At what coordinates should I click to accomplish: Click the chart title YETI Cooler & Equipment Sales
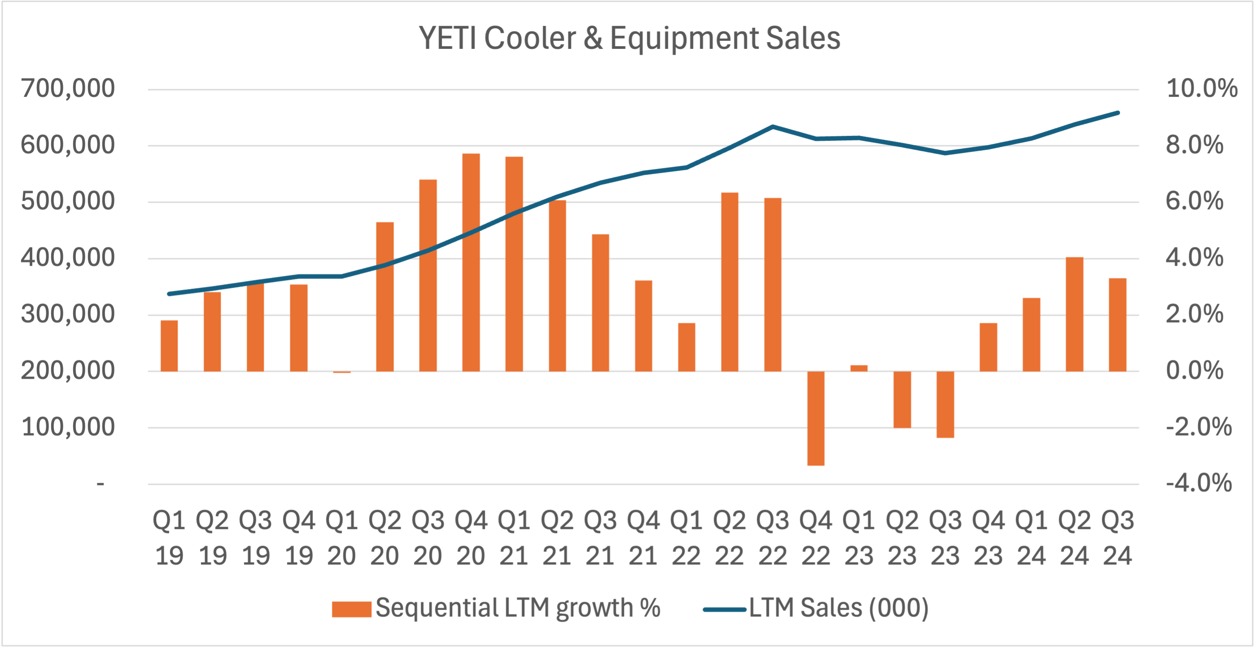[x=629, y=38]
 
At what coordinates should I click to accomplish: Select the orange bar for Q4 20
[x=471, y=263]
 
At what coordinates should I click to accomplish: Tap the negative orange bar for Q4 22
[x=816, y=418]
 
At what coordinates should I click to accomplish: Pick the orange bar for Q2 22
[x=729, y=283]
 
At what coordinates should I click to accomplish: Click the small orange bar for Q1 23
[x=859, y=368]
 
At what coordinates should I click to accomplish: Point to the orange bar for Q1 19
[x=169, y=346]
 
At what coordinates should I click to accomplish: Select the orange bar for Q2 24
[x=1074, y=314]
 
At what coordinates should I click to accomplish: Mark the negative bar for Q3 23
[x=945, y=404]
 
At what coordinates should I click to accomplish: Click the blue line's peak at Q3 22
[x=773, y=127]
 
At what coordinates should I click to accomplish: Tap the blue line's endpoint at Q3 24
[x=1117, y=113]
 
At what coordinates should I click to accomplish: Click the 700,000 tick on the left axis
[x=68, y=89]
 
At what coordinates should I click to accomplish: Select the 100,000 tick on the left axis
[x=68, y=427]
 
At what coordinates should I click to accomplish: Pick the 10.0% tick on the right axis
[x=1201, y=89]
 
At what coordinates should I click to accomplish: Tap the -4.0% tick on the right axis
[x=1199, y=483]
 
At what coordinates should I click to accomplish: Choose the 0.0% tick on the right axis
[x=1195, y=371]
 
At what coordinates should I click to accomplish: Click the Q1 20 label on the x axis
[x=341, y=538]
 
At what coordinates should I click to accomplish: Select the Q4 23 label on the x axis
[x=988, y=538]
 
